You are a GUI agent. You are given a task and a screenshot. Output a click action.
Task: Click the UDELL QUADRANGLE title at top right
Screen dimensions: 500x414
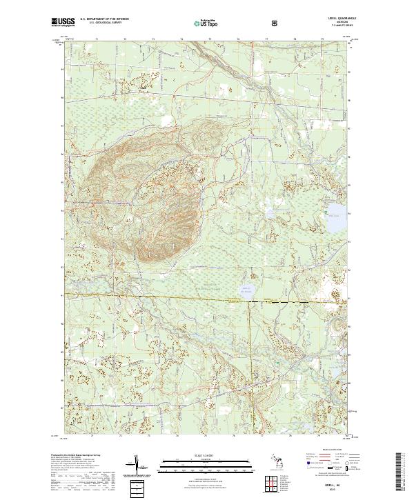tap(338, 19)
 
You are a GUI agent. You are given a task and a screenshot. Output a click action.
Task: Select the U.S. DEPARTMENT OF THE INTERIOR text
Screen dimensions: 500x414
tap(108, 19)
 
